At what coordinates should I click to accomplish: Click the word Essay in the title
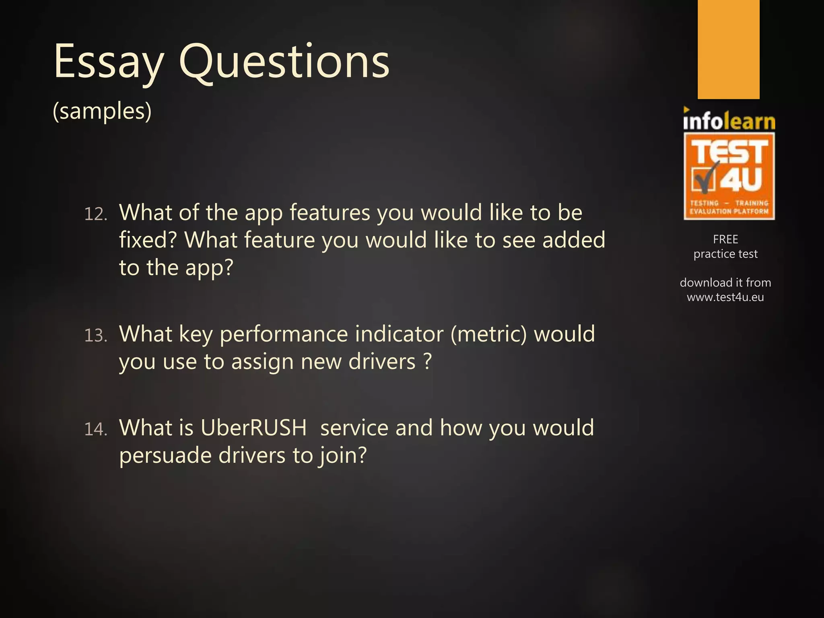(x=109, y=62)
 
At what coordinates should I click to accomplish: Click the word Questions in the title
(x=284, y=62)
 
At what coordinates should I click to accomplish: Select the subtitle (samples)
(x=102, y=111)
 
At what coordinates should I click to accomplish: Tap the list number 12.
(x=95, y=214)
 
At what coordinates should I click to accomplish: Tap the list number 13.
(x=95, y=336)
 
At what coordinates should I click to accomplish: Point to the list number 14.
(x=95, y=429)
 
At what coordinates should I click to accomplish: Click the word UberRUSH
(x=253, y=428)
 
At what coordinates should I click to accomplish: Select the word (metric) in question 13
(x=488, y=334)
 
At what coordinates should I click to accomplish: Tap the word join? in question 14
(x=342, y=456)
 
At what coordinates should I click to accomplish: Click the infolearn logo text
(x=729, y=121)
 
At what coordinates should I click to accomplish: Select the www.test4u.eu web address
(x=725, y=297)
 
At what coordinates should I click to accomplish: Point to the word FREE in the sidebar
(x=725, y=239)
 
